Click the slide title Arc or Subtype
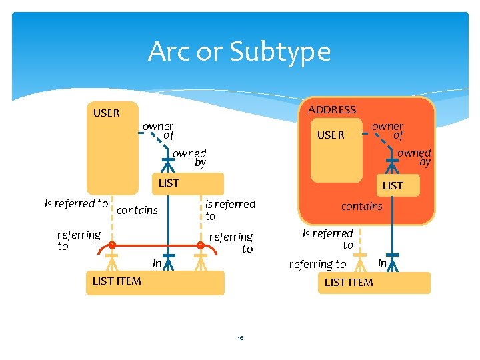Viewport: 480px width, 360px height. pyautogui.click(x=239, y=51)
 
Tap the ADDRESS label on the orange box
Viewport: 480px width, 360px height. pyautogui.click(x=331, y=109)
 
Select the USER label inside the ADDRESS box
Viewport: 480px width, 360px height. pyautogui.click(x=331, y=135)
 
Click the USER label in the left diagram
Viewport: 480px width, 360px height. pyautogui.click(x=107, y=113)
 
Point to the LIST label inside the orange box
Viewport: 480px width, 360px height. pyautogui.click(x=392, y=185)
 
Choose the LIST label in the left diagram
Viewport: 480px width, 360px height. pyautogui.click(x=168, y=182)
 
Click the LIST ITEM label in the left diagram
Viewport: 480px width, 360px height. pyautogui.click(x=117, y=281)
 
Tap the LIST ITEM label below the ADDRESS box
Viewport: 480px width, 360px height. pyautogui.click(x=348, y=282)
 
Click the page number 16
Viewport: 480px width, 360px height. pyautogui.click(x=240, y=338)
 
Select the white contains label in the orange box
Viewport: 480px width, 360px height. pyautogui.click(x=361, y=206)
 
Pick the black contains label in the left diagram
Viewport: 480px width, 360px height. pyautogui.click(x=137, y=211)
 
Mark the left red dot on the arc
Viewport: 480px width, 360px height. pyautogui.click(x=113, y=245)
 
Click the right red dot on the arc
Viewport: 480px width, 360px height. pyautogui.click(x=200, y=245)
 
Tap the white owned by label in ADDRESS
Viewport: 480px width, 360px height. pyautogui.click(x=415, y=157)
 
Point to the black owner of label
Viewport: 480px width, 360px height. pyautogui.click(x=158, y=130)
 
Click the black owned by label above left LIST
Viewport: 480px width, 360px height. pyautogui.click(x=190, y=157)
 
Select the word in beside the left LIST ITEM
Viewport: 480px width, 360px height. pyautogui.click(x=157, y=263)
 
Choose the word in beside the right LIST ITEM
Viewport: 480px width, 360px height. pyautogui.click(x=382, y=263)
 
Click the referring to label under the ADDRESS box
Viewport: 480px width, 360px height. pyautogui.click(x=317, y=264)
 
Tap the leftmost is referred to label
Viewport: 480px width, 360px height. pyautogui.click(x=76, y=203)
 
